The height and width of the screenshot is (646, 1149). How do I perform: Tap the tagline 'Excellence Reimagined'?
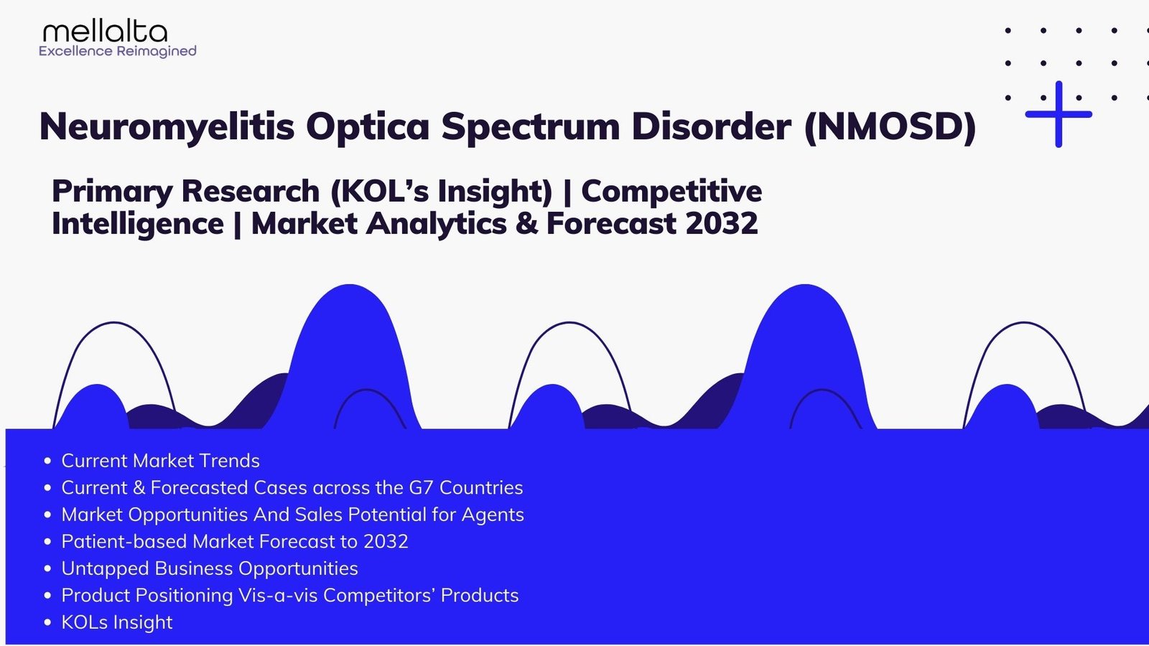(x=118, y=51)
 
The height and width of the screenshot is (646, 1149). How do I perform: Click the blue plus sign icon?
(x=1059, y=114)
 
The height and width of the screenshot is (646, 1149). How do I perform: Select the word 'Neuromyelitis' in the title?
(x=167, y=127)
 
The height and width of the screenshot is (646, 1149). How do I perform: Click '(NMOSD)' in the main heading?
(x=890, y=127)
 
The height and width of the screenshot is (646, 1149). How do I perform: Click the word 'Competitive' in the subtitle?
(x=671, y=191)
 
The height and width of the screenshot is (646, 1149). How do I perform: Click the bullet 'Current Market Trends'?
(x=160, y=461)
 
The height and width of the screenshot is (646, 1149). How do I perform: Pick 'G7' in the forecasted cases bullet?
(x=421, y=487)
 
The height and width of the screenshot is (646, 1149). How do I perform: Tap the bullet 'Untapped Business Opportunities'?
(x=209, y=568)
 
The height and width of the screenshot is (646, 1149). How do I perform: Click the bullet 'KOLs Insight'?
(x=117, y=622)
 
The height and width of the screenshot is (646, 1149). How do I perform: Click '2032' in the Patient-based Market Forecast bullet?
(x=386, y=541)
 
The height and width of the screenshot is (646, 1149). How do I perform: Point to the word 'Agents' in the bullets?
(x=493, y=515)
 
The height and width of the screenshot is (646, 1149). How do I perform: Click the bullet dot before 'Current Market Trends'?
(x=47, y=461)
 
